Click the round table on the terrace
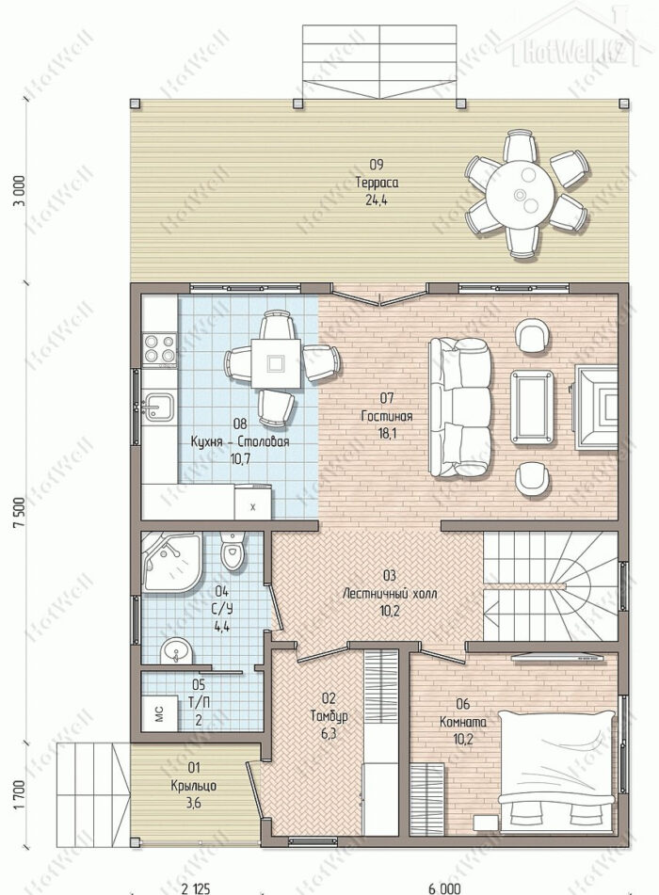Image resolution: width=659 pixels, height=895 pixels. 520,194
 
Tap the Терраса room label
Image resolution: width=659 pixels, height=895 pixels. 377,184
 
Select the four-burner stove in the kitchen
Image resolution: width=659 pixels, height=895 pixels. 159,349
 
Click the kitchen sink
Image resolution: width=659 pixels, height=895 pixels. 158,406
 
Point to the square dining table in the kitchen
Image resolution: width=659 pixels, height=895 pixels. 277,363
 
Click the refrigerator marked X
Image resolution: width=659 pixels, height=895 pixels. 252,502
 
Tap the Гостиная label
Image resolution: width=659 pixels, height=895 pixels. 387,416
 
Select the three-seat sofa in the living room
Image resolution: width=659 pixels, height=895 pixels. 460,408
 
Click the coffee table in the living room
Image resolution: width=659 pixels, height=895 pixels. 532,406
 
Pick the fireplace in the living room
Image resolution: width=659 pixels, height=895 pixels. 596,407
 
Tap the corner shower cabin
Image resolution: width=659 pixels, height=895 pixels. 170,562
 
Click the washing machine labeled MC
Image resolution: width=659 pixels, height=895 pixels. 159,713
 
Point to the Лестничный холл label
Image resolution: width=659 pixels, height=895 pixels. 390,594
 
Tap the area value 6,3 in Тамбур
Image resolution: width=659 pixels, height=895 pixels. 329,733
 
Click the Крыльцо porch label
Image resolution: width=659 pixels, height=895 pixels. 194,786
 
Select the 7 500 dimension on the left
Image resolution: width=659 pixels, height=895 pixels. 18,512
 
